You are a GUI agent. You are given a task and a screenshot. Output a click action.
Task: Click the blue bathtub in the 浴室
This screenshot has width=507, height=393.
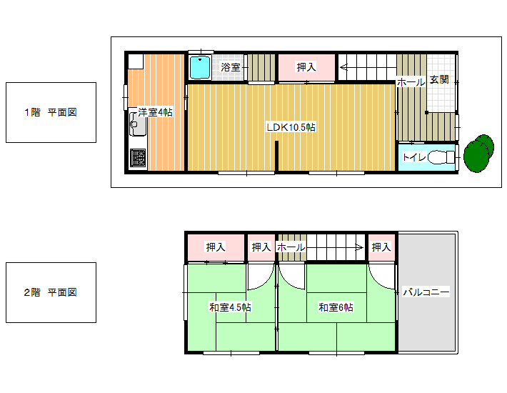[199, 68]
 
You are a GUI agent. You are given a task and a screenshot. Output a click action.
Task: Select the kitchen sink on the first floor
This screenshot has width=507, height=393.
[138, 124]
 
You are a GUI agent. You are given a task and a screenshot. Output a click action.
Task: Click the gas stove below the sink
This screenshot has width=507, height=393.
[138, 158]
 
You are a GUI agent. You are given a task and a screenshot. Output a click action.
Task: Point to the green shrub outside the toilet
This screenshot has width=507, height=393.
[478, 154]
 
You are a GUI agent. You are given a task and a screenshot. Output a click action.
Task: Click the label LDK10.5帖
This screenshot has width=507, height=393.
[291, 127]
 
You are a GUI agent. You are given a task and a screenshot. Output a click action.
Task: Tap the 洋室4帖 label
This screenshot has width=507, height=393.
[155, 112]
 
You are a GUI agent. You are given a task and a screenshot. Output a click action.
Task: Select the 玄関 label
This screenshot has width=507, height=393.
[439, 79]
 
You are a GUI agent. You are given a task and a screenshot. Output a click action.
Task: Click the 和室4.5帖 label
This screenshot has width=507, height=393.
[230, 307]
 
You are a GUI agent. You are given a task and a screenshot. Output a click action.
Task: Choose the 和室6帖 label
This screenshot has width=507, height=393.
[336, 307]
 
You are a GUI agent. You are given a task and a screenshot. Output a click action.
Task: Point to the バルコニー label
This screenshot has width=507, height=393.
[426, 292]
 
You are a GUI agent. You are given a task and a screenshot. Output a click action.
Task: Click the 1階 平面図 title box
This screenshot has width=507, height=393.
[51, 112]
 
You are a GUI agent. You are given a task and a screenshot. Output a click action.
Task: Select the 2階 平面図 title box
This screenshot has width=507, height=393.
[51, 292]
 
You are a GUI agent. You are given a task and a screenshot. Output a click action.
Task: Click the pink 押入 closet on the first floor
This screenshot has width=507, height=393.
[306, 67]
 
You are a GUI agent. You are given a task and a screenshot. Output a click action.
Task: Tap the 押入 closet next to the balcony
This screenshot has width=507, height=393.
[381, 247]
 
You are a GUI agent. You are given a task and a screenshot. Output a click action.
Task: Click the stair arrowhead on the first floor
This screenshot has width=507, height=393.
[343, 68]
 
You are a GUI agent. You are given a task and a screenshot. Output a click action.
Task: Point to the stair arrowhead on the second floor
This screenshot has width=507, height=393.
[359, 248]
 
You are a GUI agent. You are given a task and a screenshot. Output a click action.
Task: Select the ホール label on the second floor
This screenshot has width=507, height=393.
[291, 247]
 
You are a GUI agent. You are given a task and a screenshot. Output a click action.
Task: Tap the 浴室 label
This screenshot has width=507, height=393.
[231, 67]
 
